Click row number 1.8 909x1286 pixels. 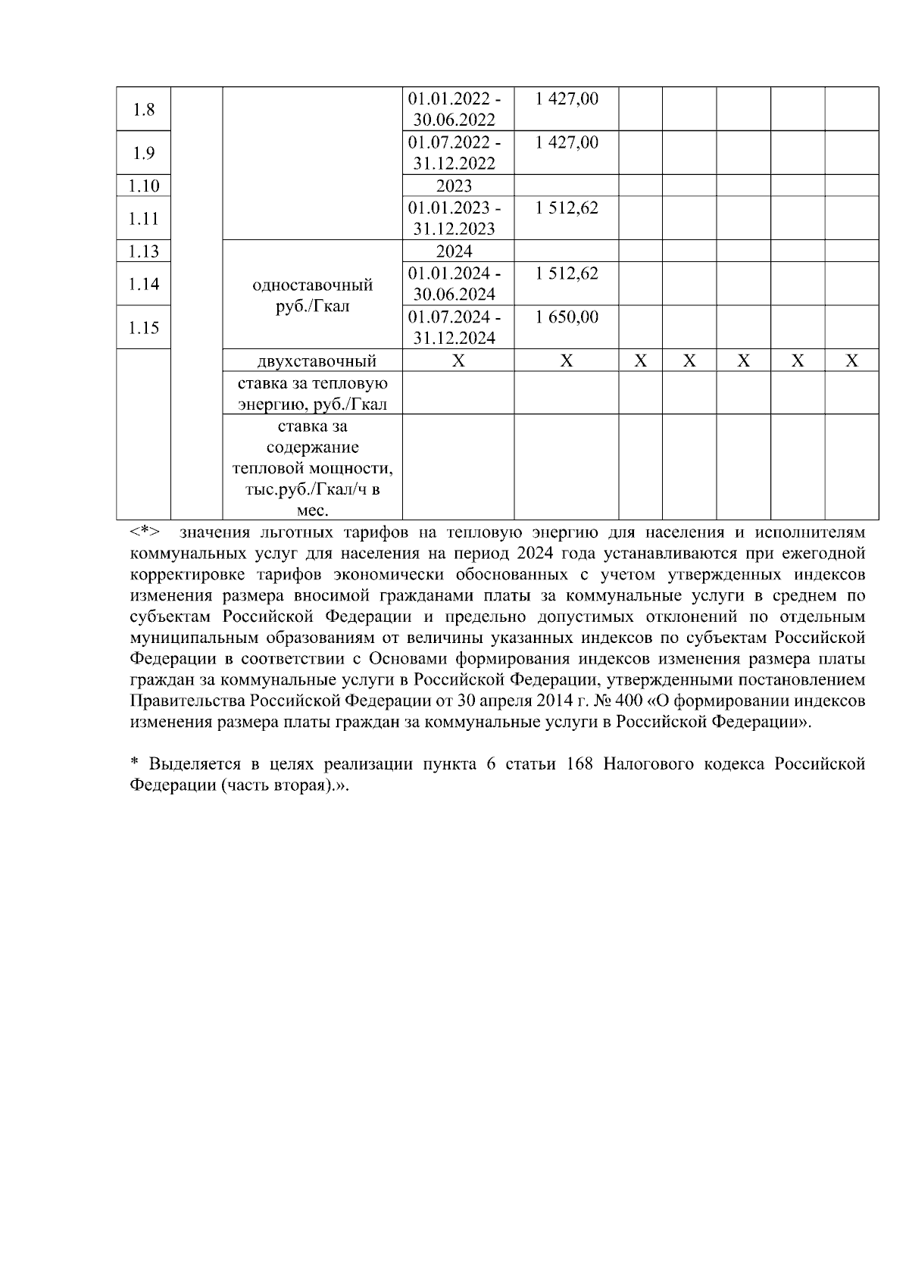click(x=143, y=110)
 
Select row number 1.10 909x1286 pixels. click(x=143, y=186)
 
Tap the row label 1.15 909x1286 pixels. click(x=143, y=328)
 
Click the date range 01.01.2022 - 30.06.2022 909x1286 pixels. click(x=454, y=110)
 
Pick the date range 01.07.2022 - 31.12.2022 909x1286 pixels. click(x=454, y=153)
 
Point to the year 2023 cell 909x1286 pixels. click(x=454, y=186)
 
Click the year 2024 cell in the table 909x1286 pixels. click(x=454, y=251)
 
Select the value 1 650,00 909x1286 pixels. click(x=566, y=317)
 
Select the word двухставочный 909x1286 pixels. click(x=312, y=361)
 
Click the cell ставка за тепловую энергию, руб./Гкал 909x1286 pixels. click(x=312, y=394)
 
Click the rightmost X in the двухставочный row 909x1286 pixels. click(x=851, y=361)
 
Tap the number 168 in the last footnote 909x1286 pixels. click(x=580, y=765)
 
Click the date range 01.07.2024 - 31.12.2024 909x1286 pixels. click(x=454, y=328)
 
